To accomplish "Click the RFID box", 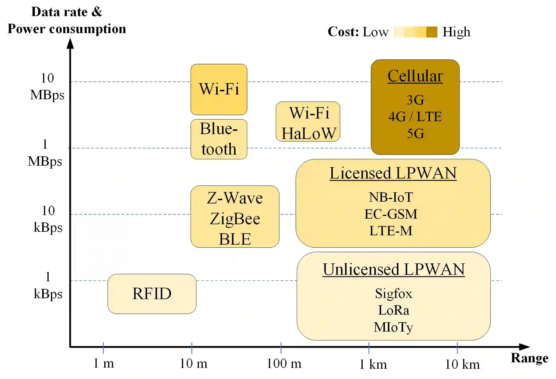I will click(152, 294).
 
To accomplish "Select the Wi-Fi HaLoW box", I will click(308, 122).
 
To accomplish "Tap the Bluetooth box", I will click(219, 139).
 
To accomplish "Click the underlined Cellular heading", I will click(415, 76).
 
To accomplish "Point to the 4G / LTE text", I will click(415, 116).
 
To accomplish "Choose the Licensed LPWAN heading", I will click(393, 173).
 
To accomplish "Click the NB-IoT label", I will click(391, 197).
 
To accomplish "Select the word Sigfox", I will click(393, 293).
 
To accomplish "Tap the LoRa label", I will click(393, 310).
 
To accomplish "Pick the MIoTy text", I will click(393, 327).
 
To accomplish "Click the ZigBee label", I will click(235, 219).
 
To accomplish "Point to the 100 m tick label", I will click(284, 364).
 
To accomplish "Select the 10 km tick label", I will click(462, 364).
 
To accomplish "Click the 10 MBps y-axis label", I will click(47, 87).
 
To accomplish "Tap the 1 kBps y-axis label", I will click(48, 285).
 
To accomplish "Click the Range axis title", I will click(529, 358).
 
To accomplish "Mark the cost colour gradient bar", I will click(415, 32).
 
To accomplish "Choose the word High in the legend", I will click(456, 32).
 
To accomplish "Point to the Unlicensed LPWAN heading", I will click(393, 270).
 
